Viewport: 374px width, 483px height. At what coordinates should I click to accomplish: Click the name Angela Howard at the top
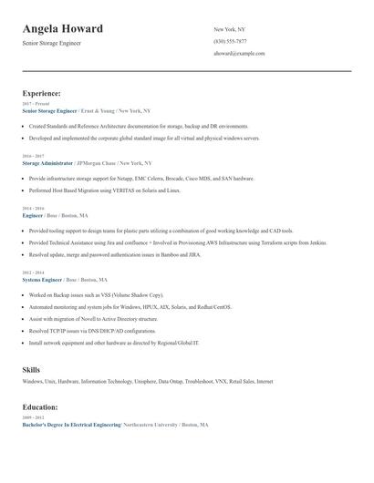[62, 29]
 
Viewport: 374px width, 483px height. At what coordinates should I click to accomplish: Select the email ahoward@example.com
[239, 54]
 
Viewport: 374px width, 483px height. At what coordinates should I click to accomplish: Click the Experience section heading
[41, 93]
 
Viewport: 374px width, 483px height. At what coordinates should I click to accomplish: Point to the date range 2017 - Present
[36, 104]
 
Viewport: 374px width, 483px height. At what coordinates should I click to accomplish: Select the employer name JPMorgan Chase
[102, 162]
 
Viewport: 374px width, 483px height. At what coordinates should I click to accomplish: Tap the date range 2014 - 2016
[33, 209]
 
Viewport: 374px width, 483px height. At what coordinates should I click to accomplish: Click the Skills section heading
[31, 369]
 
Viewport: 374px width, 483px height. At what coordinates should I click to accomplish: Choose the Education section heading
[40, 406]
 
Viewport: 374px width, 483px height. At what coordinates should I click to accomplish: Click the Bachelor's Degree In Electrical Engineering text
[71, 425]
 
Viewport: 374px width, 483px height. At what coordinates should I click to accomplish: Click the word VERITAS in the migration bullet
[119, 191]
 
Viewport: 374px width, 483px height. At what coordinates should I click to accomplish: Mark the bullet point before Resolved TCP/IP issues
[24, 332]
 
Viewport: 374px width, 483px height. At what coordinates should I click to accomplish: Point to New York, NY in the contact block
[229, 29]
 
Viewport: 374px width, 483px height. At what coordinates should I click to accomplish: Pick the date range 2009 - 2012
[32, 417]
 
